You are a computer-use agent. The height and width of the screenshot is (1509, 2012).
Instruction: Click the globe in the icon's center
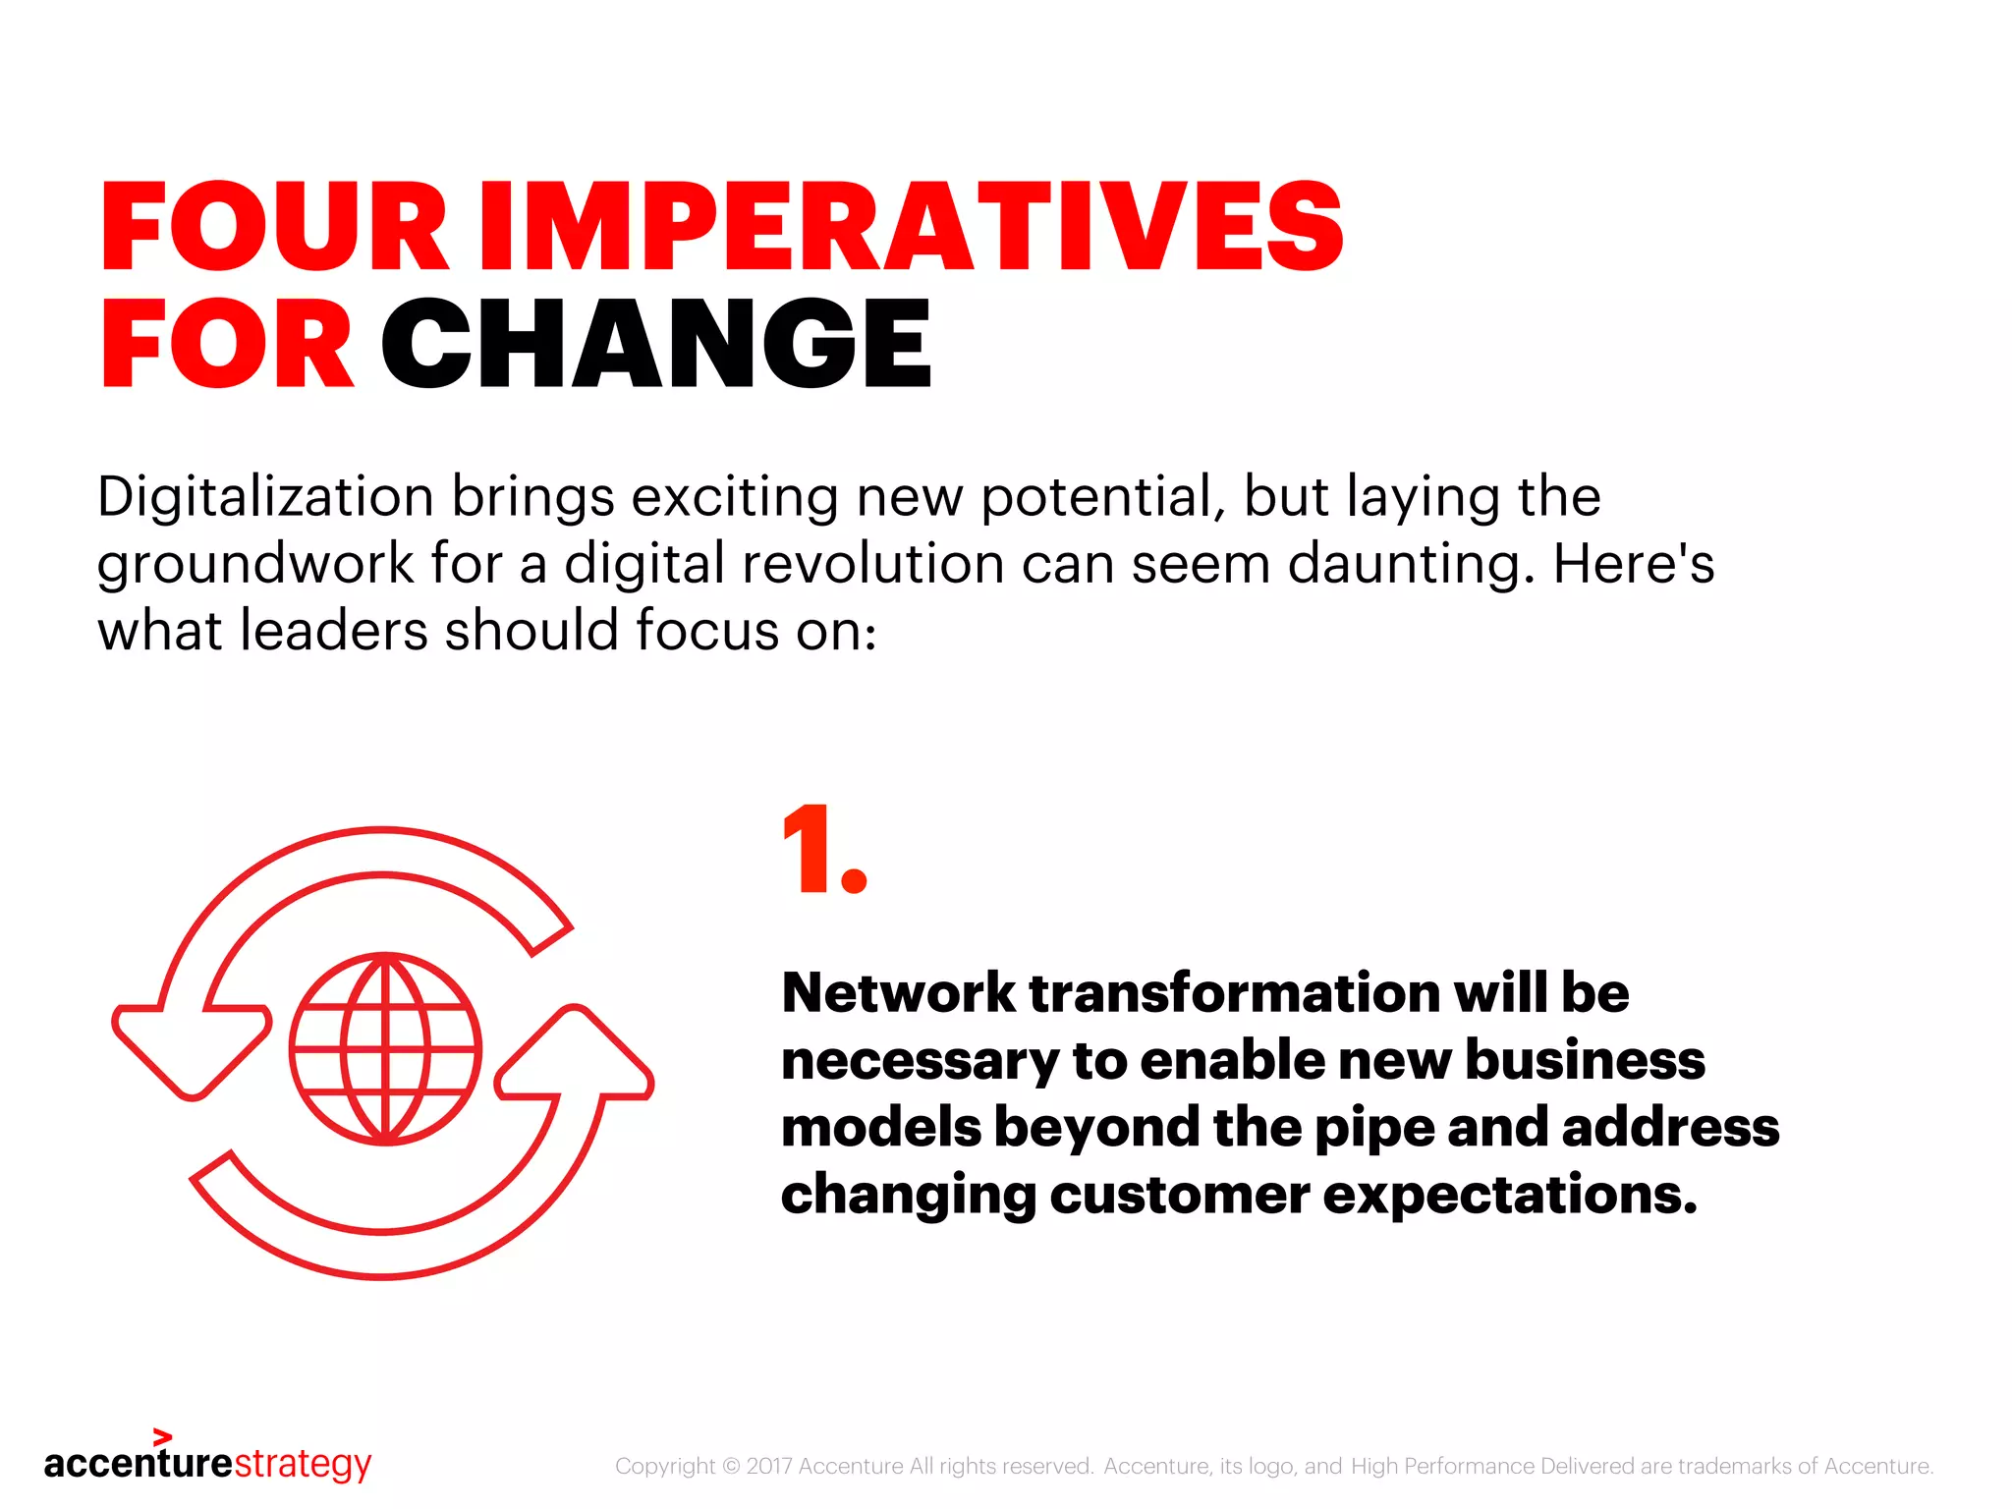tap(385, 1049)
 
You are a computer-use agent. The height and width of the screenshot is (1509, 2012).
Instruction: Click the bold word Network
tap(898, 993)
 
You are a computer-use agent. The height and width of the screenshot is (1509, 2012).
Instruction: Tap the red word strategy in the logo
tap(303, 1464)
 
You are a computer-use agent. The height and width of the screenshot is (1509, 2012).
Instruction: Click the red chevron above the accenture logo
tap(163, 1437)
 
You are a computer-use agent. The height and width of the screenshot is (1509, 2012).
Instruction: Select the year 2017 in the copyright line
tap(768, 1467)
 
